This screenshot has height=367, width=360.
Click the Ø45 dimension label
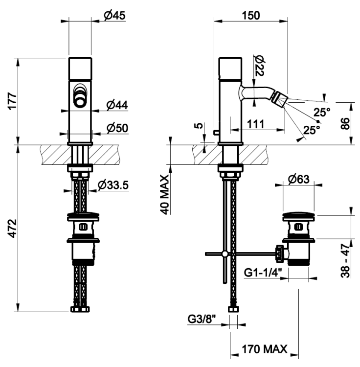pyautogui.click(x=114, y=16)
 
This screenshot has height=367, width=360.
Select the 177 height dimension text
pyautogui.click(x=12, y=101)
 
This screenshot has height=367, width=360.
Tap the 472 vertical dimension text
pyautogui.click(x=12, y=229)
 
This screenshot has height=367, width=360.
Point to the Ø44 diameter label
pyautogui.click(x=117, y=105)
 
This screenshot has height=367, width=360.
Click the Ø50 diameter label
pyautogui.click(x=117, y=128)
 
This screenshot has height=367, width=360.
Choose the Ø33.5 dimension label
pyautogui.click(x=113, y=185)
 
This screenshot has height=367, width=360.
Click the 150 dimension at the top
pyautogui.click(x=250, y=16)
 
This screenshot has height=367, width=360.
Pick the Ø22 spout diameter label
pyautogui.click(x=259, y=66)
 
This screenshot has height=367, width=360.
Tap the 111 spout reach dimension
pyautogui.click(x=255, y=124)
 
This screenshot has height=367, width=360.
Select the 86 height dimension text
pyautogui.click(x=345, y=124)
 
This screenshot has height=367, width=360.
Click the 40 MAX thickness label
pyautogui.click(x=165, y=195)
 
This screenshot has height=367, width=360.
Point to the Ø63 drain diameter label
pyautogui.click(x=299, y=179)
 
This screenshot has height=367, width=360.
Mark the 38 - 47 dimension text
pyautogui.click(x=345, y=260)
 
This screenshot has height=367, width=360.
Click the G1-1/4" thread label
pyautogui.click(x=263, y=273)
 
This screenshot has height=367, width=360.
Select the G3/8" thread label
pyautogui.click(x=202, y=319)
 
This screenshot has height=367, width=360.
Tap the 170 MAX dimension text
pyautogui.click(x=264, y=349)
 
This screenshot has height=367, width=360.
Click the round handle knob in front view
pyautogui.click(x=80, y=101)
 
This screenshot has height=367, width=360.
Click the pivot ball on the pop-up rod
pyautogui.click(x=225, y=253)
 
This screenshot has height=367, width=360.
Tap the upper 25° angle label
pyautogui.click(x=322, y=112)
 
